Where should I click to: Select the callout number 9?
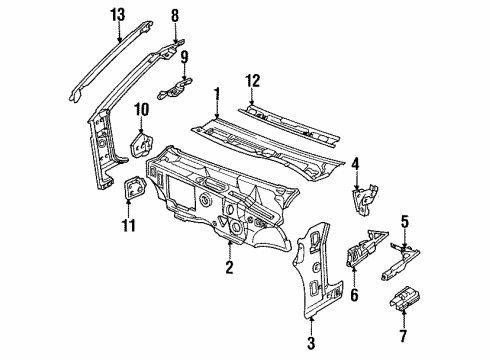click(x=183, y=56)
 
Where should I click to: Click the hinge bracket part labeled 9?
click(x=182, y=87)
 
